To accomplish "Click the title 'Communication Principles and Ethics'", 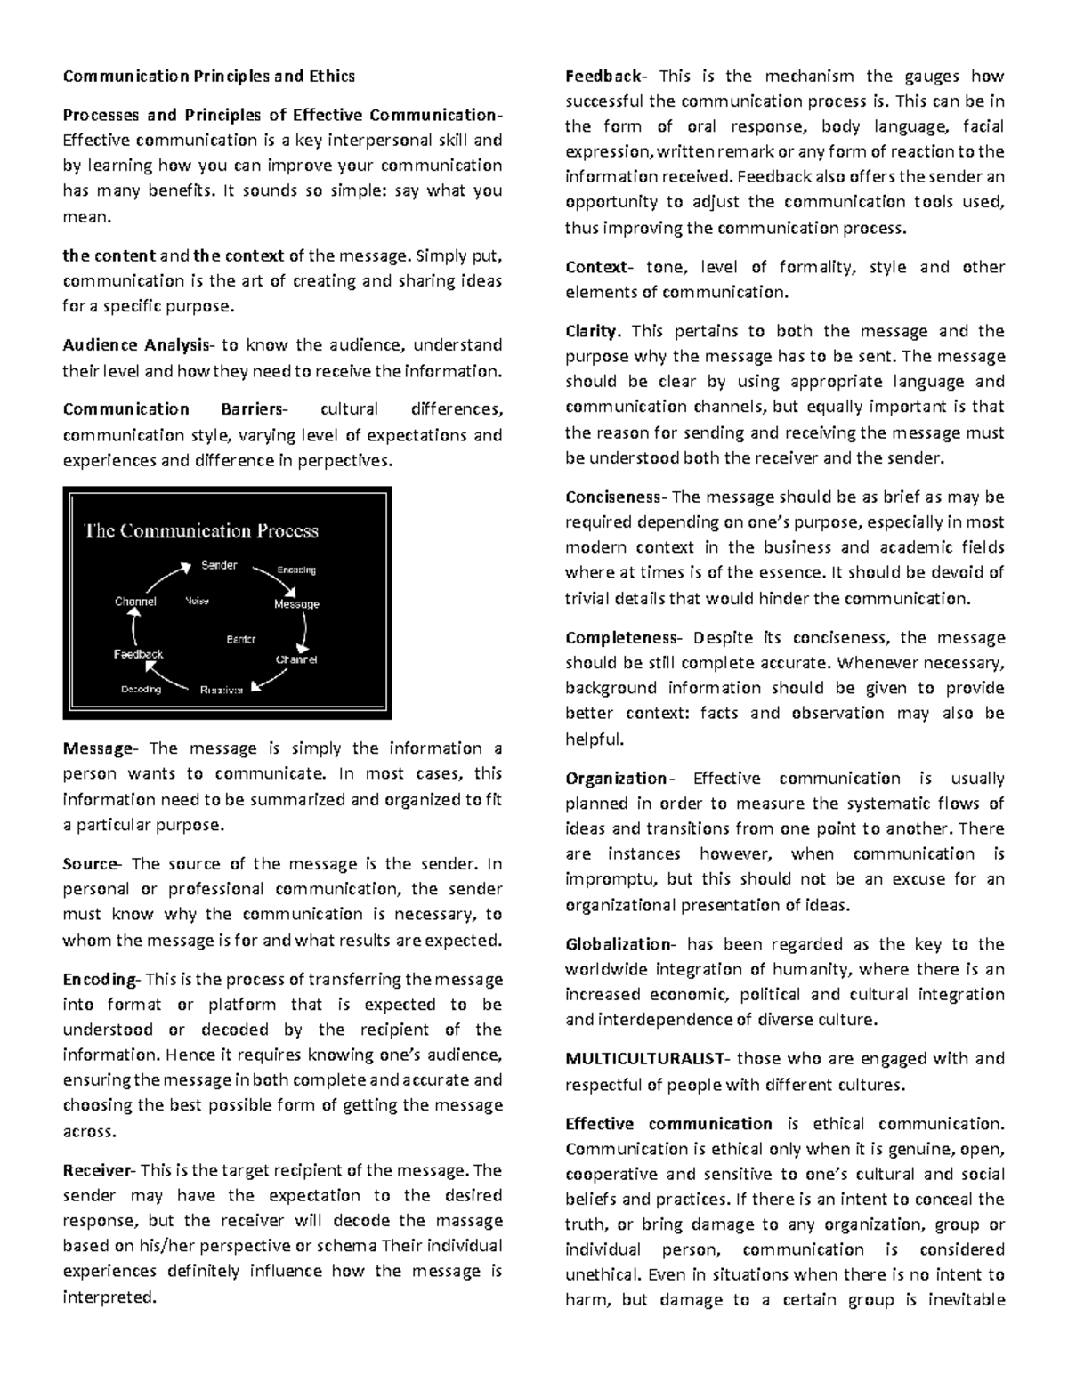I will (208, 76).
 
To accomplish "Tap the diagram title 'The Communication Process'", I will (201, 531).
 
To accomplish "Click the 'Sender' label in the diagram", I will (219, 565).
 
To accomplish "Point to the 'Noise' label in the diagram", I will (197, 602).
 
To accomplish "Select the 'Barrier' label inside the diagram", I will (240, 639).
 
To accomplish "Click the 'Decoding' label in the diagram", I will (141, 690).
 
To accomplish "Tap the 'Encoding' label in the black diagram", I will (296, 570).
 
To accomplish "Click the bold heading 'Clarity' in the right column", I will (591, 331).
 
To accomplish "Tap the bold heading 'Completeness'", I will (620, 637).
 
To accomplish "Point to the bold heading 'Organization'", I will (616, 779).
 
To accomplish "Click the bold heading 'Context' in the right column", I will (596, 267).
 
